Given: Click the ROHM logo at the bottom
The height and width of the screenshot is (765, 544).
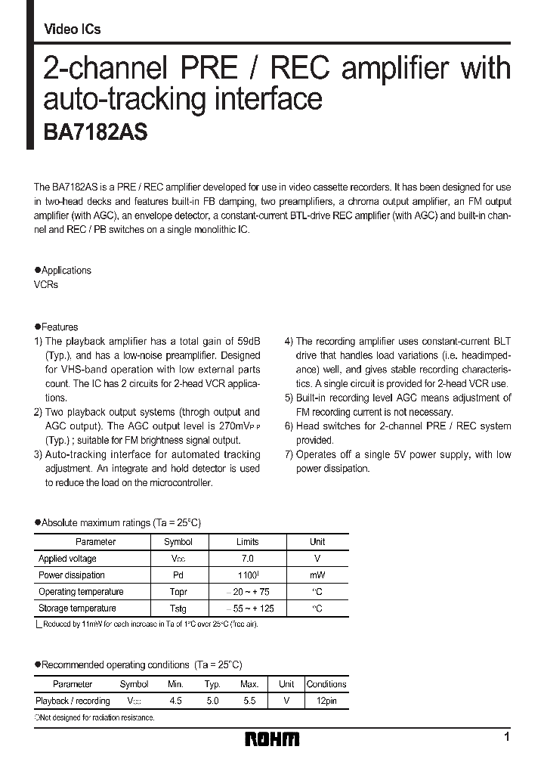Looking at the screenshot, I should click(272, 739).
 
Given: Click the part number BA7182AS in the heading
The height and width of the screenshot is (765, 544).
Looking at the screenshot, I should click(91, 132).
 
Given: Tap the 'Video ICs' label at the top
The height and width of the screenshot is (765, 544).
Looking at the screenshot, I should click(72, 29).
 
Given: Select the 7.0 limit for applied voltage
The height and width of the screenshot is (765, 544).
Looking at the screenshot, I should click(247, 559).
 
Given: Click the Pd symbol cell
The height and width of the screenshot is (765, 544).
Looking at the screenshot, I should click(178, 575).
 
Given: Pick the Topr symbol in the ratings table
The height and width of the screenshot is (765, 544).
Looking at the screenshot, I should click(178, 592).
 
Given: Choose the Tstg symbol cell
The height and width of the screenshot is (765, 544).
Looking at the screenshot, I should click(178, 609).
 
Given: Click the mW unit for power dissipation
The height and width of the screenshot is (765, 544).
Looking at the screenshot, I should click(317, 575).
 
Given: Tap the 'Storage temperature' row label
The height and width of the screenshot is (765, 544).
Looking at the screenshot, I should click(77, 609).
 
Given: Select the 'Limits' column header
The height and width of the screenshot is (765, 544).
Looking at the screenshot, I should click(247, 542).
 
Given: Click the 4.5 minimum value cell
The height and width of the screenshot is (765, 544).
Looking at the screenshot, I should click(175, 701).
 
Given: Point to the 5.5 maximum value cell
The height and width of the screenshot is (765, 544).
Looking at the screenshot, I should click(249, 701).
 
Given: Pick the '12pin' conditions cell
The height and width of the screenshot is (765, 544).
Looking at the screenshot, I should click(326, 701).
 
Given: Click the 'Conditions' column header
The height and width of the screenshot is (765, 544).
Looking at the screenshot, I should click(326, 684).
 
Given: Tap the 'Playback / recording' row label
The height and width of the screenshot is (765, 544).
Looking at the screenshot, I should click(73, 701).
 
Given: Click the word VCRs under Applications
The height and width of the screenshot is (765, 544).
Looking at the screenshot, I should click(46, 285).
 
